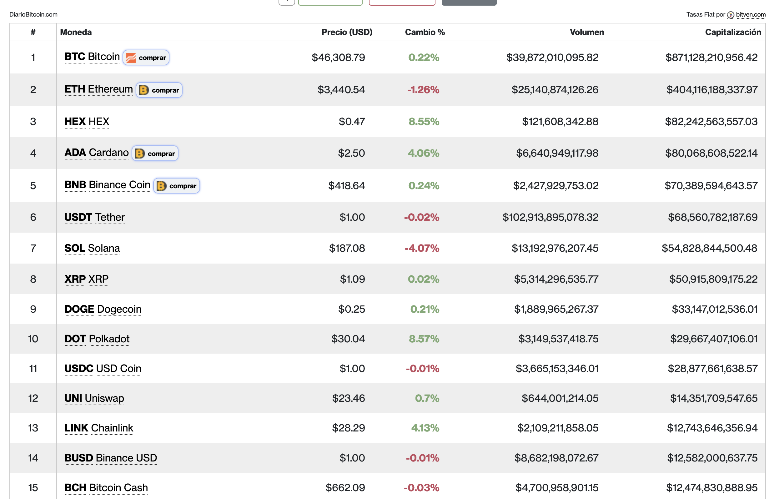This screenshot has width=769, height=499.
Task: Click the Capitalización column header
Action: pyautogui.click(x=733, y=32)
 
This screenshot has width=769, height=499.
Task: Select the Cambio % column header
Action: pyautogui.click(x=425, y=32)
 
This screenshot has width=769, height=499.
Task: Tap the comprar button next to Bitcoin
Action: pyautogui.click(x=146, y=58)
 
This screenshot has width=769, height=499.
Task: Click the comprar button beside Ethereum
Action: pyautogui.click(x=159, y=90)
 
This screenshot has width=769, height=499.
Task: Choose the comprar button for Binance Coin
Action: pyautogui.click(x=176, y=186)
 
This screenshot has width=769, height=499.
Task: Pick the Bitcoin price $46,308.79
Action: pyautogui.click(x=338, y=58)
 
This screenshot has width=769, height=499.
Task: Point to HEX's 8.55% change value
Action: pyautogui.click(x=424, y=122)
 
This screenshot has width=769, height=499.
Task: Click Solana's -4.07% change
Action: pyautogui.click(x=422, y=248)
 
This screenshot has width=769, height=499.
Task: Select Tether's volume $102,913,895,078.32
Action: pyautogui.click(x=550, y=217)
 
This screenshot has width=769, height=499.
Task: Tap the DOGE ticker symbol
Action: pyautogui.click(x=79, y=309)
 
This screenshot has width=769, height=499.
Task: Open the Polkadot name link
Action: pyautogui.click(x=109, y=339)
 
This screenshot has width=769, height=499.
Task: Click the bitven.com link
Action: pyautogui.click(x=751, y=15)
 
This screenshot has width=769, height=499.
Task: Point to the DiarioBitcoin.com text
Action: pyautogui.click(x=33, y=15)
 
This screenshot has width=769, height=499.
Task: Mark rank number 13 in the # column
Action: pyautogui.click(x=33, y=428)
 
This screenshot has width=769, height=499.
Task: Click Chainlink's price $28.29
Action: pyautogui.click(x=349, y=428)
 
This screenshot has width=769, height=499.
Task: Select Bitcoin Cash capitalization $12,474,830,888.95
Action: pyautogui.click(x=712, y=488)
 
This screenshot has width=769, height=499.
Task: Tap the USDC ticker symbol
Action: pyautogui.click(x=79, y=369)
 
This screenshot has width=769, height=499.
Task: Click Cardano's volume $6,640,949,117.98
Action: pyautogui.click(x=557, y=153)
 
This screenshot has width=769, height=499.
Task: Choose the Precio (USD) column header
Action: pyautogui.click(x=347, y=32)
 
